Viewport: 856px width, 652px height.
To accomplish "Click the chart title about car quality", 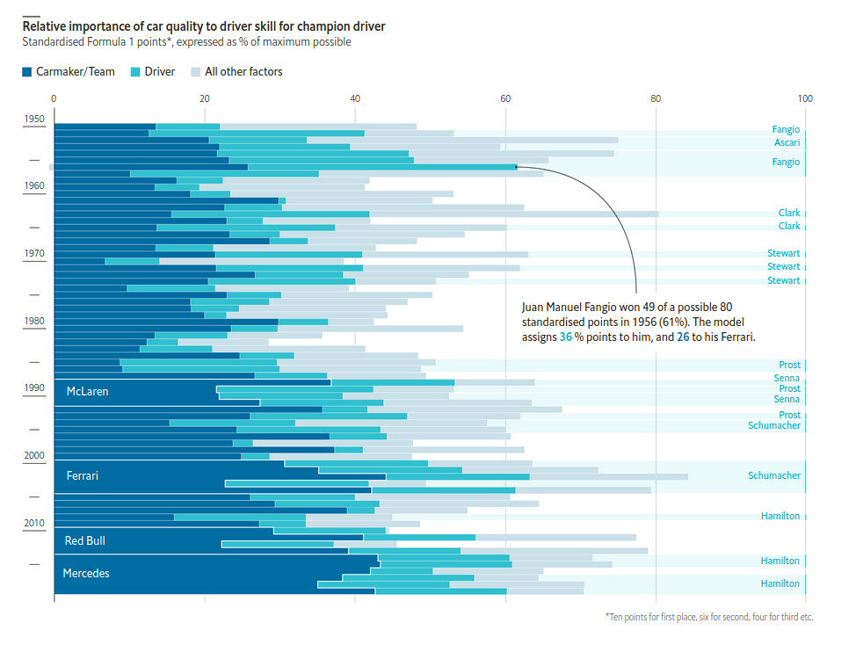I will (x=203, y=26).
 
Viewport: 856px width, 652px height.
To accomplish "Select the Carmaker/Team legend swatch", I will (x=27, y=72).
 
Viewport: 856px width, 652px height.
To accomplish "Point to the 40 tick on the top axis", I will (x=355, y=98).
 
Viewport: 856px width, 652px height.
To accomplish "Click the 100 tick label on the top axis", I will (x=804, y=98).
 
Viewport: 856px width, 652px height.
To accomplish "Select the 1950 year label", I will (x=34, y=119).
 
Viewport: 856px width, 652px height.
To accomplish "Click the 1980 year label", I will (x=34, y=322).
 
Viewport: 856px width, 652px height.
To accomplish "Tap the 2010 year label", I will (x=34, y=524).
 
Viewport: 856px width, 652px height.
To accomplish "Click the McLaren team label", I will (x=87, y=392).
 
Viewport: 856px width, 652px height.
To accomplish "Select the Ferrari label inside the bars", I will (x=82, y=476).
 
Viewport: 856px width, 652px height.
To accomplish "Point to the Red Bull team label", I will (x=85, y=541).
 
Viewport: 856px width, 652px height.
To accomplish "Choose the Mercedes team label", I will (x=85, y=574).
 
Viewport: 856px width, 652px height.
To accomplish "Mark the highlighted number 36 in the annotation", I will (x=567, y=337).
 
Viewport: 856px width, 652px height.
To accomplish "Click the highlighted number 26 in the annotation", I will (x=683, y=337).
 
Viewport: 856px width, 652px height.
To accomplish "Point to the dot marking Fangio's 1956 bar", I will (x=516, y=166).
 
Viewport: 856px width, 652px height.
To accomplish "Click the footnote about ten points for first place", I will (x=708, y=618).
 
